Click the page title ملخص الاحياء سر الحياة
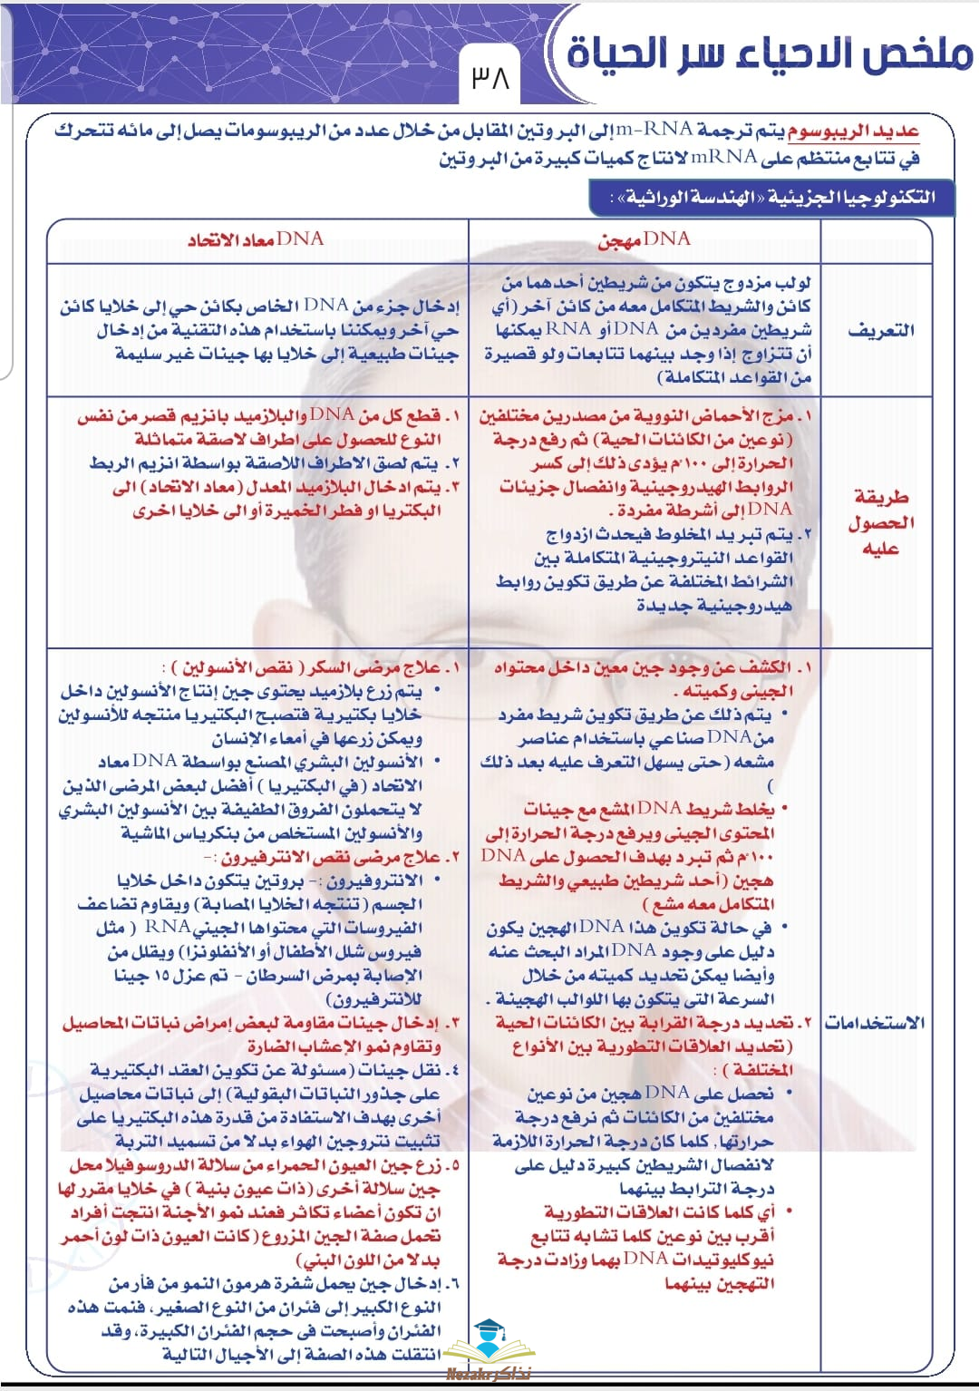(x=770, y=53)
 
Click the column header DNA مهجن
(x=645, y=239)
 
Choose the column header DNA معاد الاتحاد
(x=256, y=239)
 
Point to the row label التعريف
(x=880, y=331)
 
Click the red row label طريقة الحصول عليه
(x=880, y=522)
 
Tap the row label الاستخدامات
(x=875, y=1022)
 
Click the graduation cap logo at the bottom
(x=489, y=1338)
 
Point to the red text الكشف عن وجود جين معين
(x=653, y=668)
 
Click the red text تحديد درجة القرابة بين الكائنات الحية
(x=645, y=1022)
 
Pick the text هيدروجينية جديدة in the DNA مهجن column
(x=713, y=605)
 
